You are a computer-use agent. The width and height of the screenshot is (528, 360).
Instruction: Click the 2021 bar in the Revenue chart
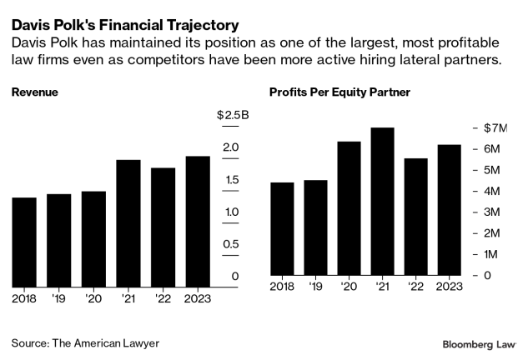(128, 222)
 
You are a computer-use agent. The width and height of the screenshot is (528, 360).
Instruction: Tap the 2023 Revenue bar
(197, 221)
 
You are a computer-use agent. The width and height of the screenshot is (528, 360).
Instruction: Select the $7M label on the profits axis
(495, 128)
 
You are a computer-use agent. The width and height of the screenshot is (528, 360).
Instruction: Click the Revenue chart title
(36, 91)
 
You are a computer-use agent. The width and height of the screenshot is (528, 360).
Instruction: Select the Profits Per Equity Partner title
(339, 91)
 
